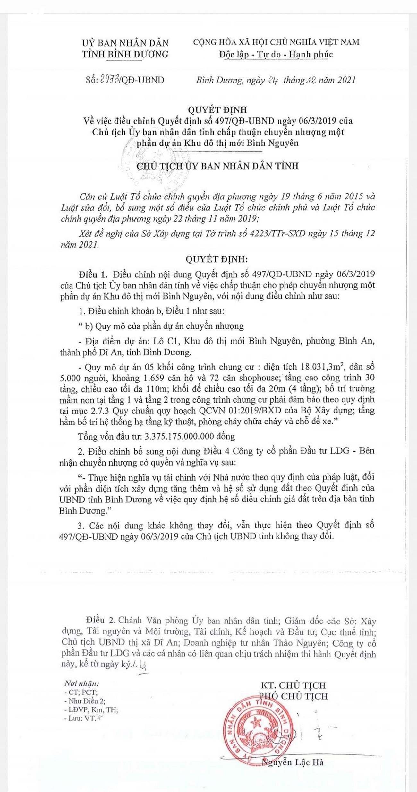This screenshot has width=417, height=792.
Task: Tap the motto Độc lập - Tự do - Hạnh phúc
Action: click(x=276, y=54)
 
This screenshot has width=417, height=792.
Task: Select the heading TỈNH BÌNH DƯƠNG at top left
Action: click(x=125, y=54)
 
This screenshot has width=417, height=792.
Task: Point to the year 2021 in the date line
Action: click(x=346, y=80)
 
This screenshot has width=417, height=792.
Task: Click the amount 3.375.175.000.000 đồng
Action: click(x=190, y=436)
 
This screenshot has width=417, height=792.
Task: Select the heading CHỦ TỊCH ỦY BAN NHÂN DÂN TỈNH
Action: click(x=217, y=166)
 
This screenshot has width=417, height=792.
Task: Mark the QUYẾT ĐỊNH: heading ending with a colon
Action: click(x=217, y=259)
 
